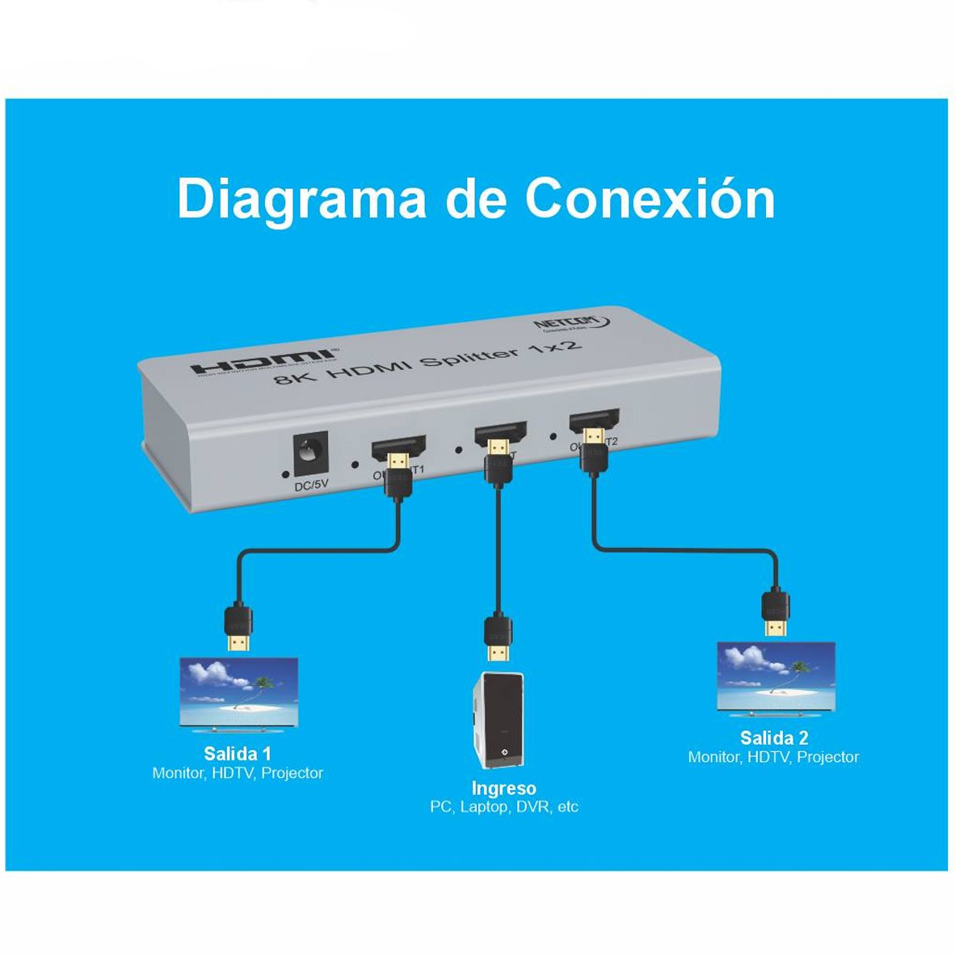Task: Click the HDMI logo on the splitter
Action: coord(263,361)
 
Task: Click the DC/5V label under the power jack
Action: coord(311,485)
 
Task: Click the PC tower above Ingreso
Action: coord(498,719)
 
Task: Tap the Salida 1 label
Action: coord(238,754)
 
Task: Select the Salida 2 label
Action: coord(774,738)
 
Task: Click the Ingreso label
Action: coord(503,789)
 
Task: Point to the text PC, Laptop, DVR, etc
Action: coord(503,806)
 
